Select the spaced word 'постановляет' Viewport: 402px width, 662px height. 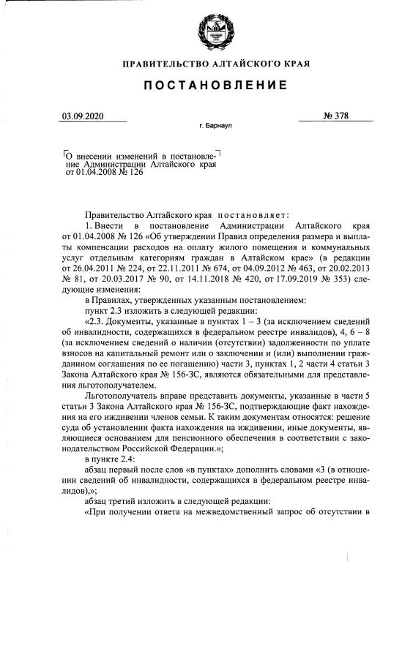tap(252, 216)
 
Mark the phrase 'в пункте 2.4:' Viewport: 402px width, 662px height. tap(111, 458)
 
